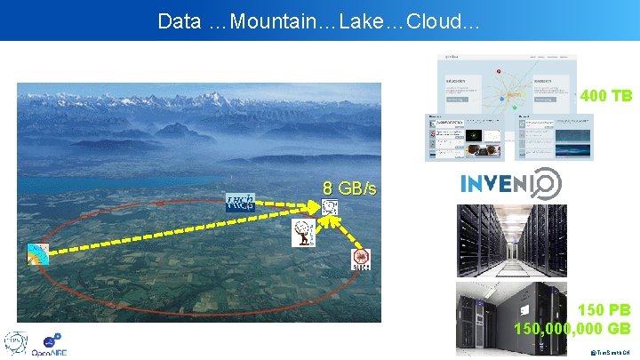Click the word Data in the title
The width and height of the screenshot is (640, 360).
[180, 21]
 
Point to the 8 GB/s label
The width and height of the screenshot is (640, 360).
[349, 188]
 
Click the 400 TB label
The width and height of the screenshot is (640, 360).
[605, 95]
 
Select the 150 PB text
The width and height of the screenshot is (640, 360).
[604, 310]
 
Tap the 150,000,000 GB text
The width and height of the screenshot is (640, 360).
[572, 328]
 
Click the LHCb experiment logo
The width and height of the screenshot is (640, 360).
[240, 202]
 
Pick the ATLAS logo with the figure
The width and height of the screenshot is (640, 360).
[303, 234]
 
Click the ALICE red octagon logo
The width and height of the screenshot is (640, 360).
[361, 259]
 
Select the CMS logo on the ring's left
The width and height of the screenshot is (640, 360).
[38, 252]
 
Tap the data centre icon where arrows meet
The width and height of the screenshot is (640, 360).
[330, 208]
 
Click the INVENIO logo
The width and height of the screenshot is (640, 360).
[510, 184]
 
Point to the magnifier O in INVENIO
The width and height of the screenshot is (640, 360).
[548, 184]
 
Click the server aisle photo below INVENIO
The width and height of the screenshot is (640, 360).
[510, 239]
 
